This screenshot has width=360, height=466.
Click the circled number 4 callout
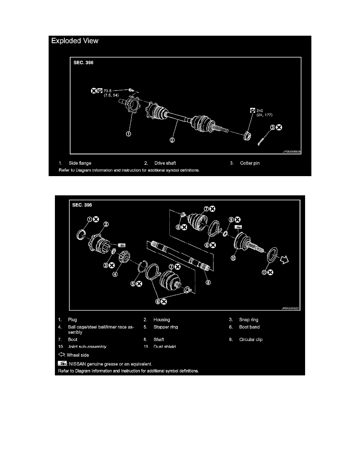tap(115, 275)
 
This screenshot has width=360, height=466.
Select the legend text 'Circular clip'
tap(251, 339)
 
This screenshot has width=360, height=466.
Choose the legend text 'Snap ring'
tap(249, 320)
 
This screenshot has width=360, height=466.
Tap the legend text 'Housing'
tap(162, 320)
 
